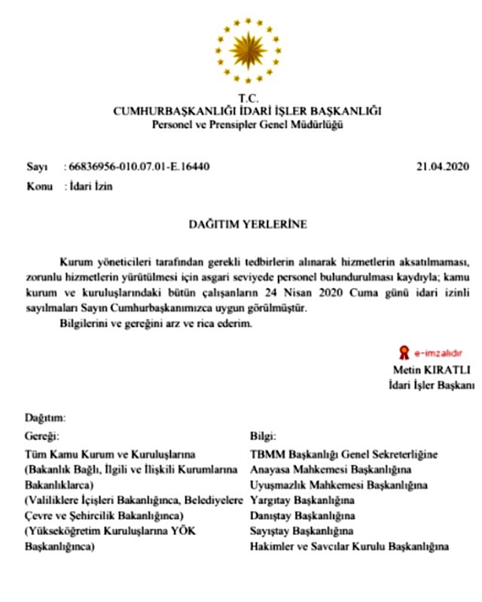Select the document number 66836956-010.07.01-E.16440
(x=136, y=166)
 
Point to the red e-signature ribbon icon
(x=404, y=351)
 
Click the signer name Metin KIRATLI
(x=432, y=369)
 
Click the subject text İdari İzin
(x=91, y=187)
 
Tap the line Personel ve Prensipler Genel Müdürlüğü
(x=248, y=124)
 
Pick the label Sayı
(x=37, y=166)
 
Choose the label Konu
(x=40, y=187)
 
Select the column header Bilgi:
(x=262, y=435)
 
